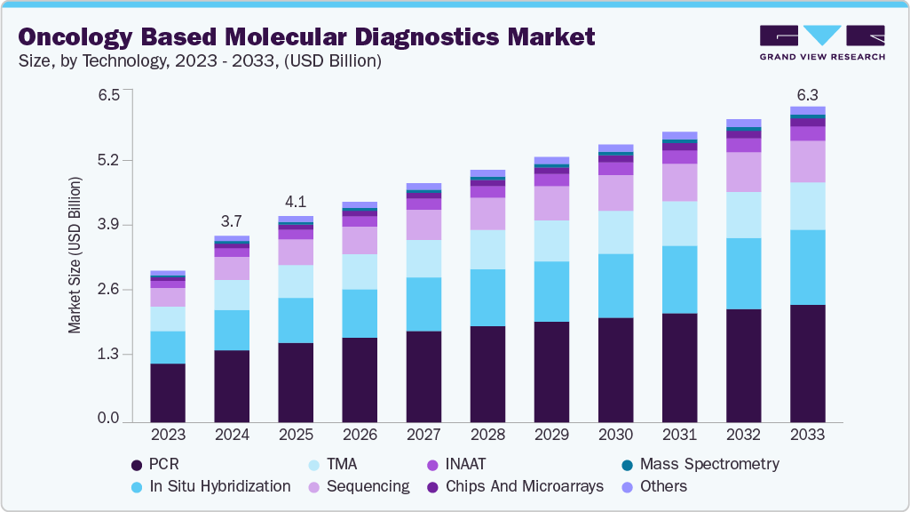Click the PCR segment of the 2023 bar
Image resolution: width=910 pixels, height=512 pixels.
[168, 392]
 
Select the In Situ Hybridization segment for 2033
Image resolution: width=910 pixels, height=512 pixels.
[807, 267]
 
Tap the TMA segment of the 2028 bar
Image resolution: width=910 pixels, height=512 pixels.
[487, 249]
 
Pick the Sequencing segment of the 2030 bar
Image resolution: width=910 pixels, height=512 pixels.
[615, 193]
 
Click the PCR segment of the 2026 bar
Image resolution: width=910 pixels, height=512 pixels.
[360, 380]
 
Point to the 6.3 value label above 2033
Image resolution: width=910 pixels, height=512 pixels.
[807, 94]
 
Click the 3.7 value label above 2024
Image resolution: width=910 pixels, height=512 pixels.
[232, 220]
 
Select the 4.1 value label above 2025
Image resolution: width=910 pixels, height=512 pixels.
[296, 201]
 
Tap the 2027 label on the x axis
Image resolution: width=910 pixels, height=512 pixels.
[423, 436]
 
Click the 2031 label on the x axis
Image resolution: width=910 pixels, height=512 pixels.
[679, 436]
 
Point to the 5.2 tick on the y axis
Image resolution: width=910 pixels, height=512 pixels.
[108, 160]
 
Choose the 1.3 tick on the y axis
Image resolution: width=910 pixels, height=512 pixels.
[108, 354]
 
